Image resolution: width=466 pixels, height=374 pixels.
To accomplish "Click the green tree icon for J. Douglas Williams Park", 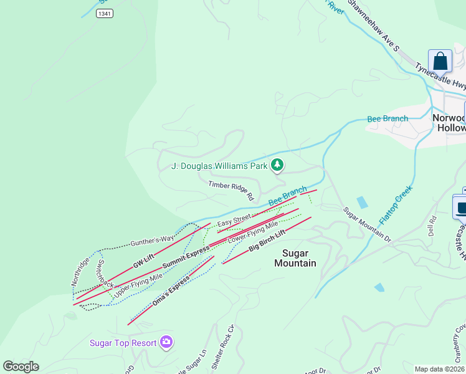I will coord(277,165).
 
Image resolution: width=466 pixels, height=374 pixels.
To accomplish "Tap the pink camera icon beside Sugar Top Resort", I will coord(166,342).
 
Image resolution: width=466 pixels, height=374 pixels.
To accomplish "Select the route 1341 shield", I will coord(105,13).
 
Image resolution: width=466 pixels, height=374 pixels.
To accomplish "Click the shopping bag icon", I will coord(440,62).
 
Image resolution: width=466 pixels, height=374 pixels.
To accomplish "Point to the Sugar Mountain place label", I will coord(295,258).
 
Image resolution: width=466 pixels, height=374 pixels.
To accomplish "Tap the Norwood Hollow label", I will coord(449,123).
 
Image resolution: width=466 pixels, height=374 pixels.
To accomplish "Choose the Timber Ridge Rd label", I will coord(231,190).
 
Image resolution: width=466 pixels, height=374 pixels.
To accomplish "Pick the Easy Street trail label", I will coord(234,220).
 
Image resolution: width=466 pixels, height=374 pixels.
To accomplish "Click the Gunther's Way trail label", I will coord(152,240).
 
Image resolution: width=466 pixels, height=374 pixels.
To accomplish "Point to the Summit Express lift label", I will coord(186,258).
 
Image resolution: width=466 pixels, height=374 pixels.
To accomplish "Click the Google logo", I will coord(21,367).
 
